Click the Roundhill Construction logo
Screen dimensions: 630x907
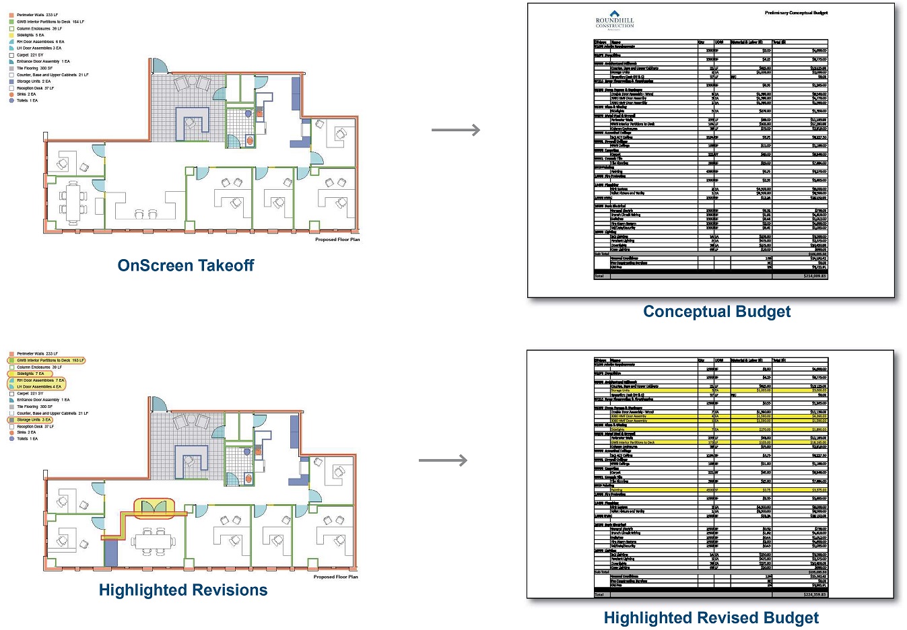pyautogui.click(x=614, y=20)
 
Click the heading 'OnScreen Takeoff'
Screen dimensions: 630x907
pyautogui.click(x=186, y=266)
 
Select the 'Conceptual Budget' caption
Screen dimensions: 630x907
pyautogui.click(x=716, y=312)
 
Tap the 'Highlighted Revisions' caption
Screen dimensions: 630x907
pyautogui.click(x=183, y=590)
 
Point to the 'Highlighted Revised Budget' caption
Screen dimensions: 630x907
pyautogui.click(x=711, y=618)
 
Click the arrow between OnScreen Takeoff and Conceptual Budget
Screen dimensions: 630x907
pyautogui.click(x=456, y=130)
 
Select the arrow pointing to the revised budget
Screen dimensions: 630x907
pyautogui.click(x=443, y=460)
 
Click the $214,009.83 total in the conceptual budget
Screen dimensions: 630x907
pyautogui.click(x=814, y=276)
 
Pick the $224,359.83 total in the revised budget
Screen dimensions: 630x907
pyautogui.click(x=814, y=594)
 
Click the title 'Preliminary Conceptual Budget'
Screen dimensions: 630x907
pyautogui.click(x=796, y=13)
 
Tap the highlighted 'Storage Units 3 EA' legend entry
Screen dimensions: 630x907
pyautogui.click(x=34, y=420)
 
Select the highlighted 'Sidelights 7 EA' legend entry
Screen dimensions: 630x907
pyautogui.click(x=30, y=374)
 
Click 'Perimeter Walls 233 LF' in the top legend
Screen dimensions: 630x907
pyautogui.click(x=37, y=15)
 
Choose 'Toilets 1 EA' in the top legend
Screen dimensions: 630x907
pyautogui.click(x=27, y=100)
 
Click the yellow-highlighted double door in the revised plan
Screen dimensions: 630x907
pyautogui.click(x=154, y=508)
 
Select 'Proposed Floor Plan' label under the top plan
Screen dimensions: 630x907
pyautogui.click(x=337, y=240)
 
